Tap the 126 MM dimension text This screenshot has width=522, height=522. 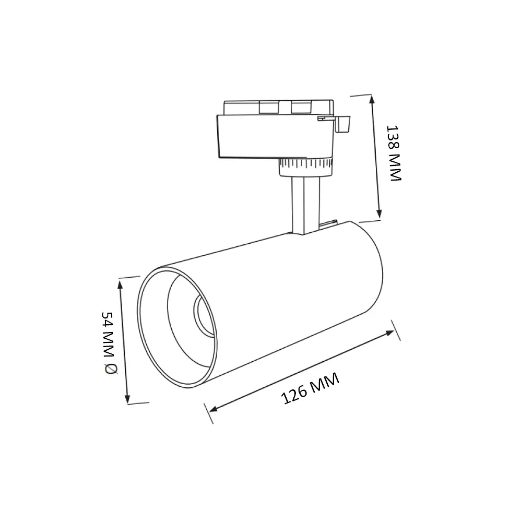(x=310, y=388)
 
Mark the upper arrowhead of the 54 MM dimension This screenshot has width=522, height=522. (x=120, y=285)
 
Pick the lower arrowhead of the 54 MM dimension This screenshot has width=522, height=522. (x=127, y=398)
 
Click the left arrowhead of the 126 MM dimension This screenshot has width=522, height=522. (x=213, y=408)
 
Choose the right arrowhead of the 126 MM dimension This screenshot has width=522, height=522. (x=389, y=333)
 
